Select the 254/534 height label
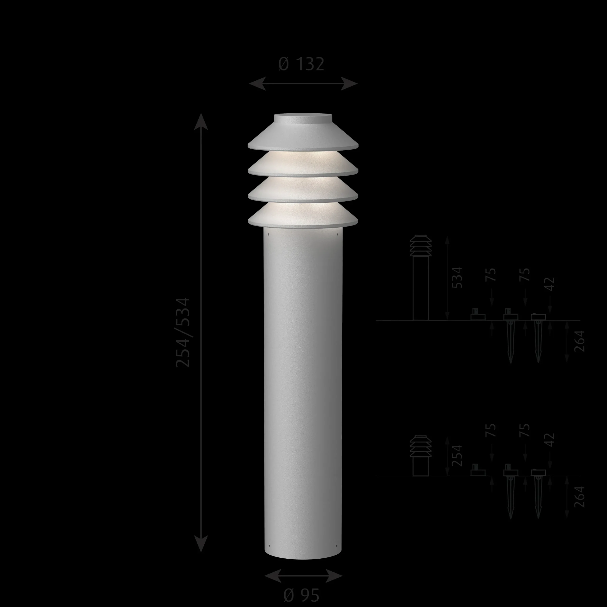183,332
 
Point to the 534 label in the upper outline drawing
457,278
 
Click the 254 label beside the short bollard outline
457,455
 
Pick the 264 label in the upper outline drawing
580,341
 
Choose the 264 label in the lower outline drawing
580,497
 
